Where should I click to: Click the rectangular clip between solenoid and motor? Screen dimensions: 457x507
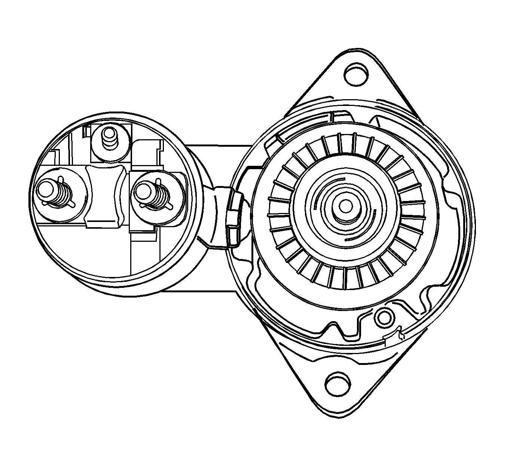235,217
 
